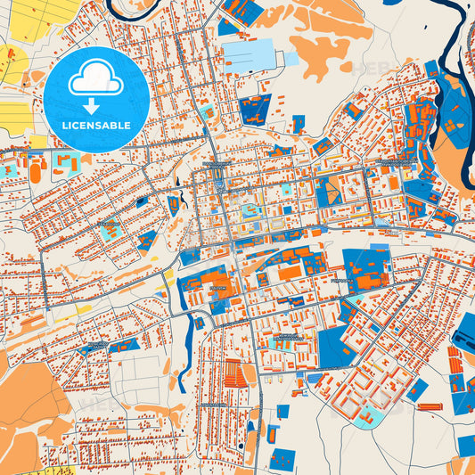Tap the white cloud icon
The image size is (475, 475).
coord(96,81)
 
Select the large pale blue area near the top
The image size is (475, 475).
coord(250,53)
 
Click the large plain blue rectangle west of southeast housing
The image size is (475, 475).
coord(334,348)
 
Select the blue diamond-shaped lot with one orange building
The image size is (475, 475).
coord(329,189)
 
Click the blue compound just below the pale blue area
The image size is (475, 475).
coord(255,110)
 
